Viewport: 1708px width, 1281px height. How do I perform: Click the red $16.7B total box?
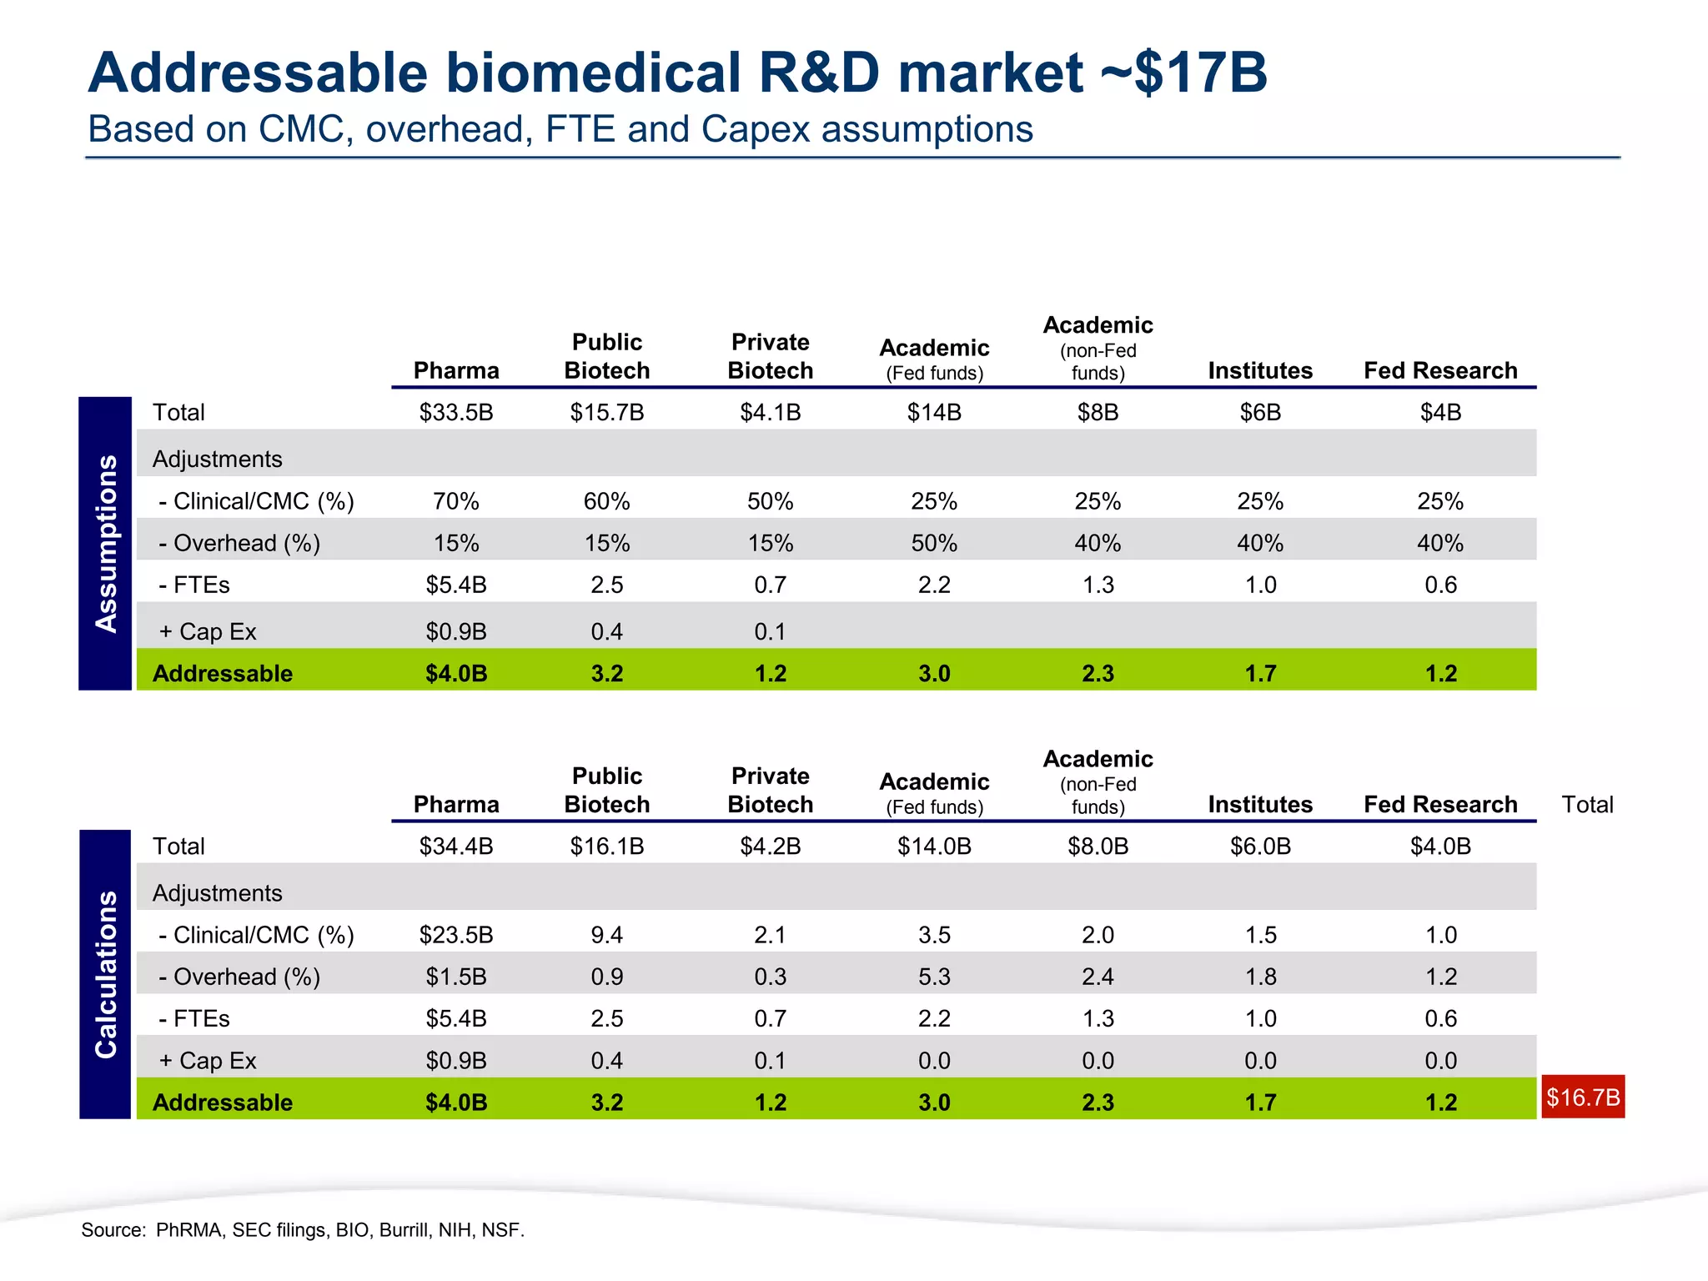click(1582, 1097)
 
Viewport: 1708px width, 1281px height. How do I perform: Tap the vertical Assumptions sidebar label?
click(106, 544)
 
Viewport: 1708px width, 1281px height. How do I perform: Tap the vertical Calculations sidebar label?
click(106, 974)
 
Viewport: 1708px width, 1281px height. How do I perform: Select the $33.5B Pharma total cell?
click(456, 412)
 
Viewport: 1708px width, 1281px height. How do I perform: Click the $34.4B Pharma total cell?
click(456, 846)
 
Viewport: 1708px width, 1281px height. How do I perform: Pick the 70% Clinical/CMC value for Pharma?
click(456, 501)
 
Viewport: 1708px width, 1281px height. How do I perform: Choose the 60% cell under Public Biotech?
click(606, 501)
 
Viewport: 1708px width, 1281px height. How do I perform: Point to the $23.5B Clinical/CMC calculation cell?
click(456, 935)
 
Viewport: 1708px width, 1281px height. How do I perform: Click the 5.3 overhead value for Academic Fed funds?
click(934, 977)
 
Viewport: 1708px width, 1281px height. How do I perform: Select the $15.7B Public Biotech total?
click(606, 412)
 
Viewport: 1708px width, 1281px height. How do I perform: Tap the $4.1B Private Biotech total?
click(770, 412)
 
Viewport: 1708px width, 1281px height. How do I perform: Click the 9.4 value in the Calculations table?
click(606, 935)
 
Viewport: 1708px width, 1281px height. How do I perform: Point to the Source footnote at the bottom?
click(303, 1230)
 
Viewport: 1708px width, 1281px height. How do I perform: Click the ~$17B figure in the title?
click(1184, 73)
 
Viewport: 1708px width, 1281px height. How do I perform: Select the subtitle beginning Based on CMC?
click(560, 129)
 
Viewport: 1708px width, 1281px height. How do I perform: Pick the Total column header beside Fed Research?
click(1586, 804)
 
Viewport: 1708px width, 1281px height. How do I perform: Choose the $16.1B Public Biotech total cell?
click(606, 846)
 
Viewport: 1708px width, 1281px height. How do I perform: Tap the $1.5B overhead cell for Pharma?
click(456, 977)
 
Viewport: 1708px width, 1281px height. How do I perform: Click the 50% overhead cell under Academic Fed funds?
click(934, 543)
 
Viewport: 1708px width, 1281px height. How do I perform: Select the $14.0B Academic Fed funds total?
click(934, 846)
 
